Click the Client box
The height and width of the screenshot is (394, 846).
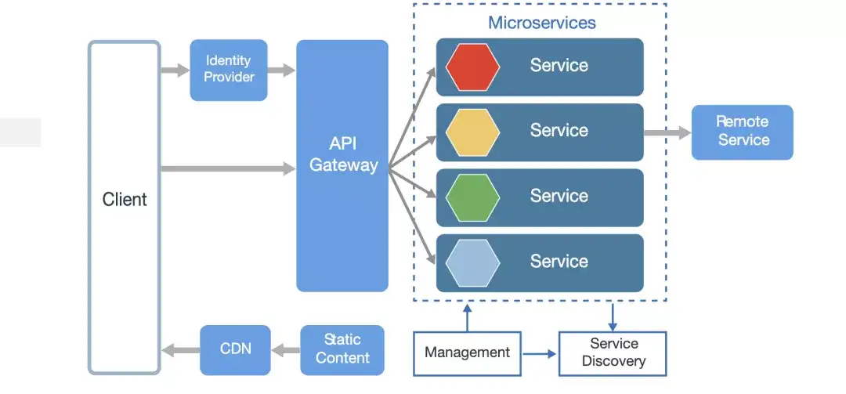[x=125, y=207]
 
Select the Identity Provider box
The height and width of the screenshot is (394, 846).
[x=229, y=69]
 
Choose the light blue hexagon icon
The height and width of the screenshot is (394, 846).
[x=472, y=262]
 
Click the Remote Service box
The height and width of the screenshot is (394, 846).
[x=743, y=132]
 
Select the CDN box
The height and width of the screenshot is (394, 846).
[x=235, y=349]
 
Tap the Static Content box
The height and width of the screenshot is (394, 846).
[x=342, y=349]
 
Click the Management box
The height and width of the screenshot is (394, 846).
[x=467, y=352]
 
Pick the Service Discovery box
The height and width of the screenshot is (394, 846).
[x=613, y=353]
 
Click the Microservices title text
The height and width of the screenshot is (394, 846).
[x=541, y=22]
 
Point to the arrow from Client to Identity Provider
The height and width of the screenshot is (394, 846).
[x=175, y=70]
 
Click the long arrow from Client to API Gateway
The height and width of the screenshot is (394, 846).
[x=227, y=167]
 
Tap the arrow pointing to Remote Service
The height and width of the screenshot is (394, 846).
[x=667, y=133]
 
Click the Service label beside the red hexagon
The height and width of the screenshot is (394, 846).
[x=559, y=66]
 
